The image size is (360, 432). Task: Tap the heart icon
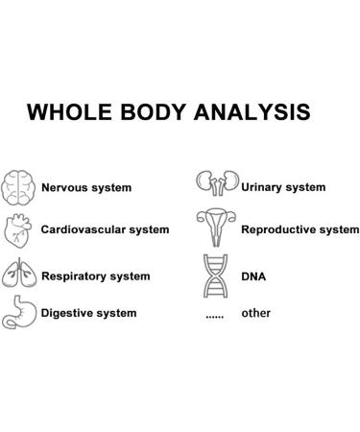(x=19, y=231)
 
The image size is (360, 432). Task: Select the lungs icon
(x=19, y=275)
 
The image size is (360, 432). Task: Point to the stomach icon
(x=19, y=312)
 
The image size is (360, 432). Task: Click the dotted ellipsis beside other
(x=215, y=315)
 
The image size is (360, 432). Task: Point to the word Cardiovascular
(x=84, y=230)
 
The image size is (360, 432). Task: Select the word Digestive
(x=67, y=313)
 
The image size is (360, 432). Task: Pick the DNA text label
(x=254, y=276)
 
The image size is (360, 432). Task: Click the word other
(x=256, y=313)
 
